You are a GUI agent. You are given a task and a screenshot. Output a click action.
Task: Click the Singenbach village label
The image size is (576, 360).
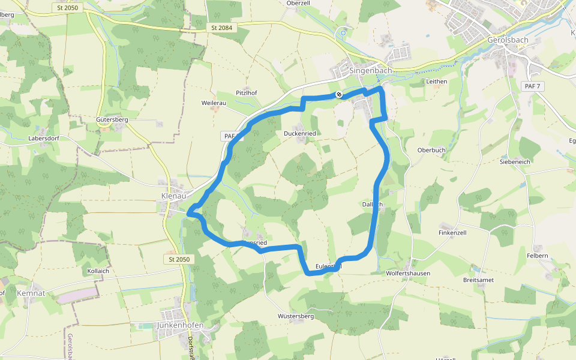tap(370, 70)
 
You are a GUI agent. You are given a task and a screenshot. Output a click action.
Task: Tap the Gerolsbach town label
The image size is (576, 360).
tap(506, 40)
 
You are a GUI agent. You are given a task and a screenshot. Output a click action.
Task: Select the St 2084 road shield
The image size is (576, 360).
tap(221, 28)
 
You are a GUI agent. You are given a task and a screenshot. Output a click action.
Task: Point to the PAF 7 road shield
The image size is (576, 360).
tap(532, 86)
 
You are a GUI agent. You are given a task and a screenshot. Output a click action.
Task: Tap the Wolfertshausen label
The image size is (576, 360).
tap(408, 273)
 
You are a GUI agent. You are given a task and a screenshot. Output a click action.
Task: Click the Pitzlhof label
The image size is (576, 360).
tap(246, 93)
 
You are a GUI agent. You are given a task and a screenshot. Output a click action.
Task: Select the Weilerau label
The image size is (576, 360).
tap(214, 103)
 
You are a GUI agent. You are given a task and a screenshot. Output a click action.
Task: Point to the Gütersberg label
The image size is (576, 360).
tap(112, 119)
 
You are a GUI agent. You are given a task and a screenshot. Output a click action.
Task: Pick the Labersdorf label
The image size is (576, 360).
tap(44, 138)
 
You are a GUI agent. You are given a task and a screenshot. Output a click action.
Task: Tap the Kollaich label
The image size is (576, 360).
tap(98, 271)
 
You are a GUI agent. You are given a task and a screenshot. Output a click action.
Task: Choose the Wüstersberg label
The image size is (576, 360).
tap(296, 316)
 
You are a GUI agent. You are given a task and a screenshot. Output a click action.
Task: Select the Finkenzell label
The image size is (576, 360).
tap(452, 232)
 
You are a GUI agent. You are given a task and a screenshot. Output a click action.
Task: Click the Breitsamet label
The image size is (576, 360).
tap(478, 280)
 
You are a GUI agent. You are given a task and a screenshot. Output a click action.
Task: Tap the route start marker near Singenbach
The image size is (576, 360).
tap(339, 94)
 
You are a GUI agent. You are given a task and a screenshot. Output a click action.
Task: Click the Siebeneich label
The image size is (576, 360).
tap(514, 161)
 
